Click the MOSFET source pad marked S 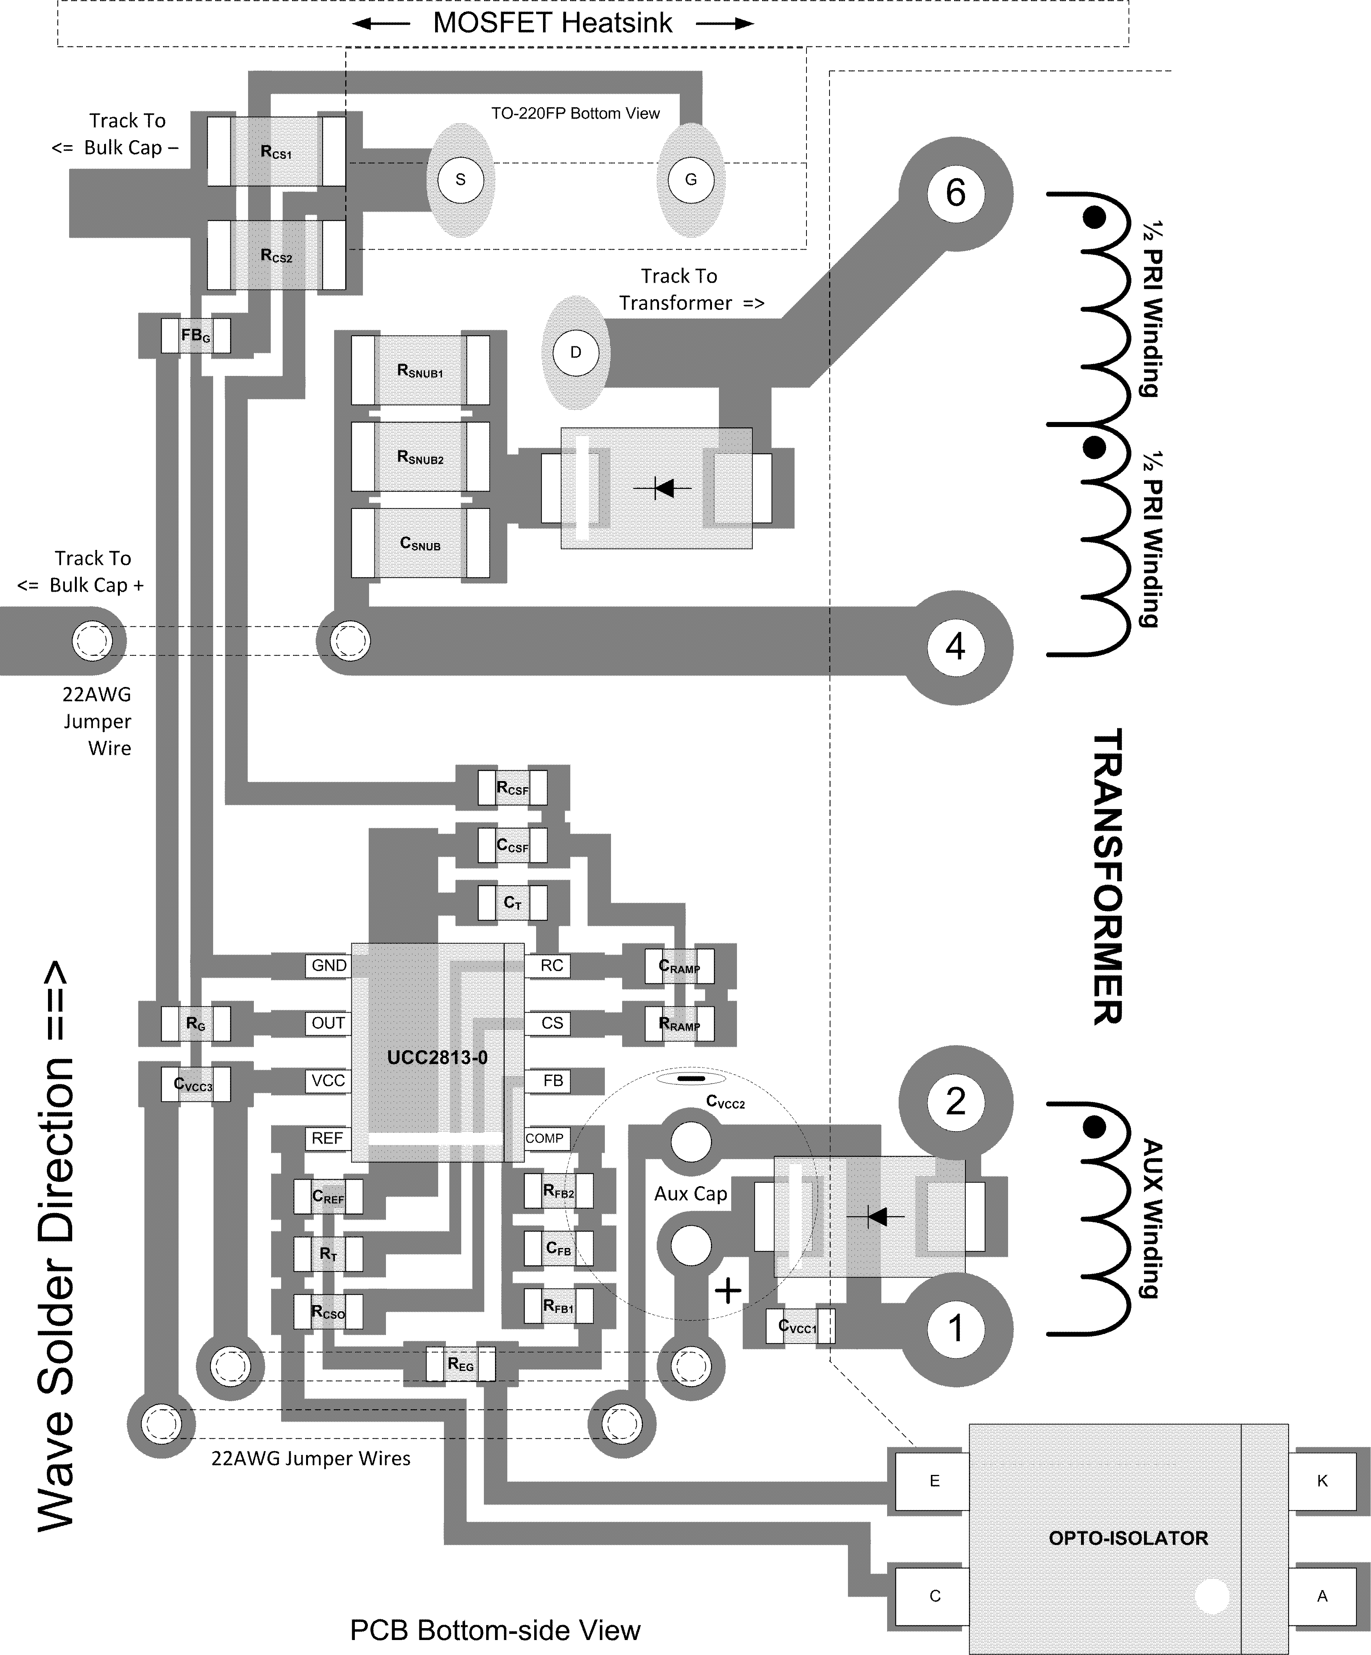460,180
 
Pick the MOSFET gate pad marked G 690,180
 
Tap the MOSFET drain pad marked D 576,352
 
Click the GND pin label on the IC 329,965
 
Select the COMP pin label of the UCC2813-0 545,1138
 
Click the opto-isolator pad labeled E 934,1481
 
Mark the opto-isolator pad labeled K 1322,1481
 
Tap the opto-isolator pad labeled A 1322,1596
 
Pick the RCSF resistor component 512,787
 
